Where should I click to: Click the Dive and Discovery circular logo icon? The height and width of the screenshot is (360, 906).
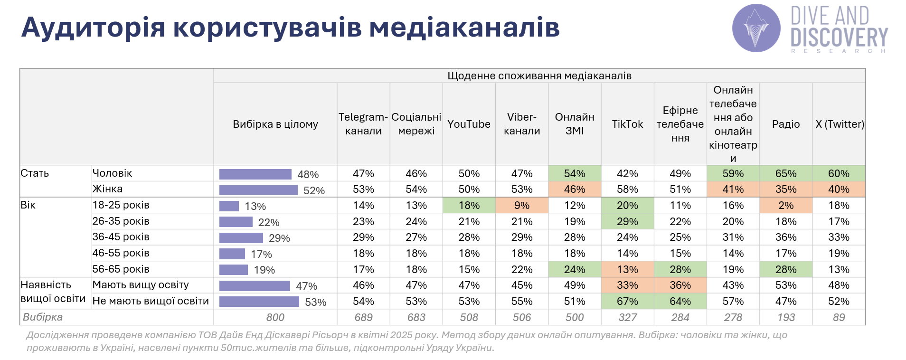756,28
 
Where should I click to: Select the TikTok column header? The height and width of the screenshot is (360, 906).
627,124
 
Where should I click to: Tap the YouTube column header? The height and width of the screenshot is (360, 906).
469,124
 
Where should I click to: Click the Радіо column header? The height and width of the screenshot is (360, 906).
786,124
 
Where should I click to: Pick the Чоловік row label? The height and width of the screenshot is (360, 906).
112,173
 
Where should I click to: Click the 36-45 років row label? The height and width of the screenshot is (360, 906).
121,237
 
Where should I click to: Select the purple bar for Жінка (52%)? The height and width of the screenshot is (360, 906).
258,190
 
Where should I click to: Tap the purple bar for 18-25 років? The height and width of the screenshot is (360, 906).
229,206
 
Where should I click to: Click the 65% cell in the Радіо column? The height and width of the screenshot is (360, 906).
786,173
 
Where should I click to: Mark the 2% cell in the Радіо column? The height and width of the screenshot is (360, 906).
786,205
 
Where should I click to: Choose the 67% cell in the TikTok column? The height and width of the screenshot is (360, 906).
627,301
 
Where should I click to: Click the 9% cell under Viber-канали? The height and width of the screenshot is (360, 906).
522,205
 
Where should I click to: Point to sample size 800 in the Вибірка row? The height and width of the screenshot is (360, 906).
275,317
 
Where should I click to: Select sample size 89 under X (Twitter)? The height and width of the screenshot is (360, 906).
839,317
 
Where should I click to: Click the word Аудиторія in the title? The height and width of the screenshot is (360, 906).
93,27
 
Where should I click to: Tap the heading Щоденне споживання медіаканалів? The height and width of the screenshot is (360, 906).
539,76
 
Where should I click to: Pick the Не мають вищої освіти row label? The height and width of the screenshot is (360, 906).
151,301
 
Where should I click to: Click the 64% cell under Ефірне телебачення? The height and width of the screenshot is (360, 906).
680,301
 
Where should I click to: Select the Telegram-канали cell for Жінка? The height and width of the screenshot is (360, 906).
363,189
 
